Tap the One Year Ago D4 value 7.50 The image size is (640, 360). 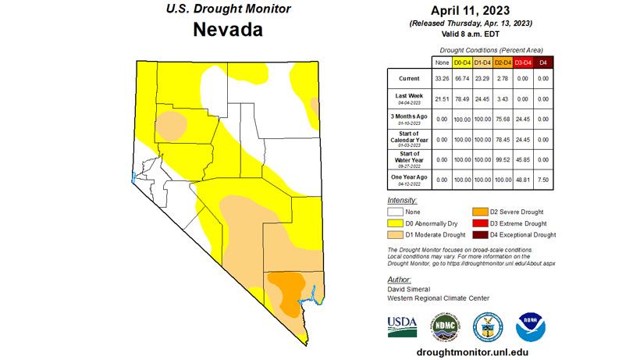[545, 179]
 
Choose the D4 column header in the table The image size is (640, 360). [545, 62]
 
